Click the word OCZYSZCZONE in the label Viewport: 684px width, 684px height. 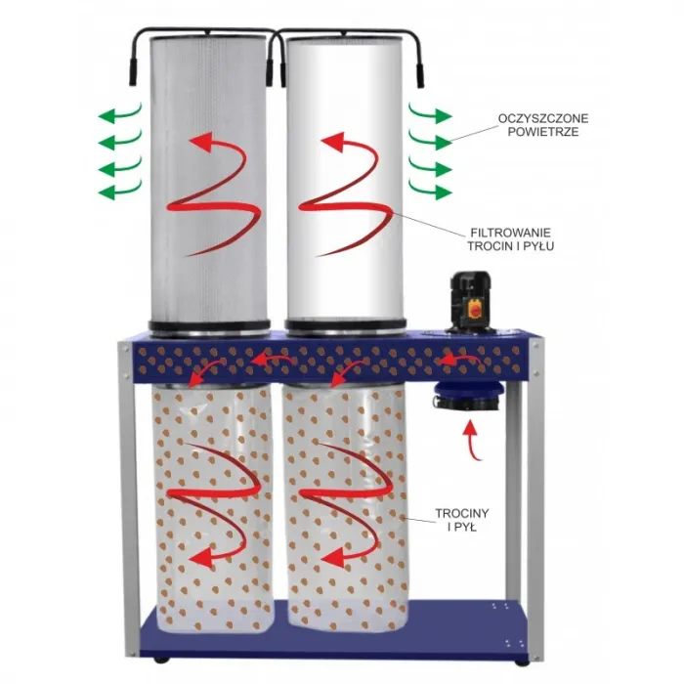point(542,118)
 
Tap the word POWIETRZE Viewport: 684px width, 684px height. point(543,132)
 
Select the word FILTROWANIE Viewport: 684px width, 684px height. point(510,233)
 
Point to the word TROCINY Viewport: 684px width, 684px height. point(462,513)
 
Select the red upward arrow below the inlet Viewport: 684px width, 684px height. point(472,440)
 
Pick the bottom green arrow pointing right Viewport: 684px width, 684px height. point(430,191)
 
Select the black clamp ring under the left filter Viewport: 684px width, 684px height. point(209,326)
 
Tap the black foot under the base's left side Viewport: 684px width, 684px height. point(161,660)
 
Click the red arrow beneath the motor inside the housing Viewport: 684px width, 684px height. point(459,361)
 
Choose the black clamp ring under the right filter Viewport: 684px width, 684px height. point(346,325)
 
